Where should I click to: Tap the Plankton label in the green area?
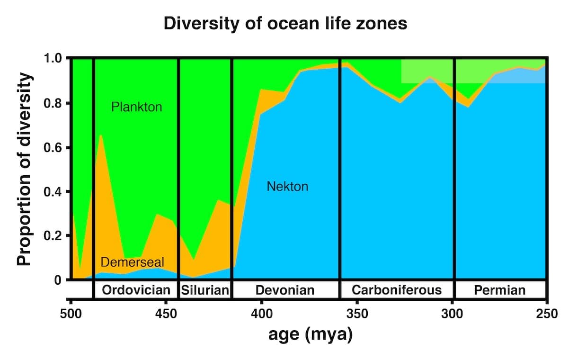pyautogui.click(x=136, y=107)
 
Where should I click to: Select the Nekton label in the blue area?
pyautogui.click(x=287, y=186)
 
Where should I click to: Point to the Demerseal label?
pyautogui.click(x=132, y=262)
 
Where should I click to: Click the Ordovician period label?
pyautogui.click(x=136, y=290)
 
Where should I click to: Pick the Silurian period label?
pyautogui.click(x=205, y=290)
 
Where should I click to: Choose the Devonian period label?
pyautogui.click(x=285, y=290)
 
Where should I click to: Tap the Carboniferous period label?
pyautogui.click(x=397, y=290)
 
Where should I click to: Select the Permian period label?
pyautogui.click(x=499, y=290)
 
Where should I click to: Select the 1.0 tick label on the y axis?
pyautogui.click(x=53, y=59)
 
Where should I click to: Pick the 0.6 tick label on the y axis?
pyautogui.click(x=53, y=147)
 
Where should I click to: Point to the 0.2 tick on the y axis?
pyautogui.click(x=53, y=236)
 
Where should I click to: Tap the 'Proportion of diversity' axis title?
pyautogui.click(x=26, y=169)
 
